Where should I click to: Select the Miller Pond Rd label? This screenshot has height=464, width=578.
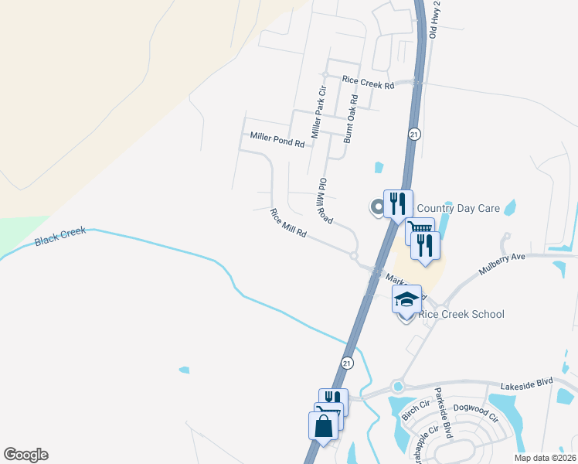click(x=277, y=139)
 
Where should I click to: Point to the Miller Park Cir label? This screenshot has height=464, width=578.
click(x=318, y=113)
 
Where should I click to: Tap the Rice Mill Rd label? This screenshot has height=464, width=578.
click(x=289, y=223)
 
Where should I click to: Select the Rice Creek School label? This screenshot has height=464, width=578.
click(x=461, y=314)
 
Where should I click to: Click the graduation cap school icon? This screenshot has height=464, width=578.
click(x=407, y=299)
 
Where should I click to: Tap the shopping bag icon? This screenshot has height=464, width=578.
click(x=323, y=425)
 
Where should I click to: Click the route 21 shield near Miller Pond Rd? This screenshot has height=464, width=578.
click(x=414, y=134)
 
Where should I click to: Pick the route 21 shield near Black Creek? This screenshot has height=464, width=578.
click(x=348, y=362)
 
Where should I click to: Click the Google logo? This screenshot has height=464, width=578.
click(x=25, y=455)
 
